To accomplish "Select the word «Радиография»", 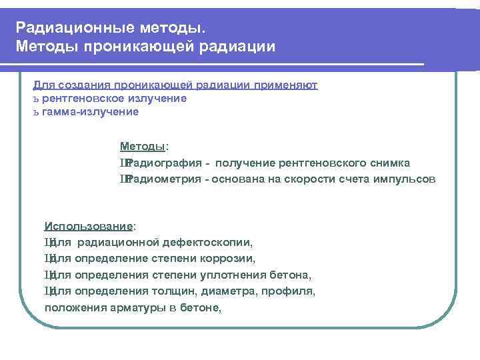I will (160, 163).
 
